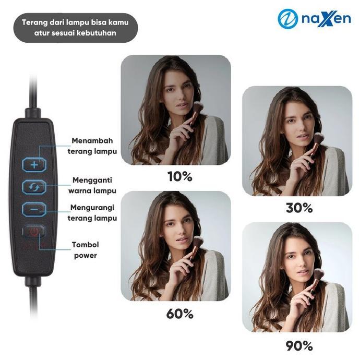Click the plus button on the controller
pyautogui.click(x=34, y=165)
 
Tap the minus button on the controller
pyautogui.click(x=34, y=209)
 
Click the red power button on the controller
pyautogui.click(x=34, y=232)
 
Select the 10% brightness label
pyautogui.click(x=180, y=176)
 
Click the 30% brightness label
pyautogui.click(x=299, y=208)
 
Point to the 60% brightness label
pyautogui.click(x=180, y=314)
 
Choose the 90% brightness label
pyautogui.click(x=299, y=345)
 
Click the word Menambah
pyautogui.click(x=92, y=140)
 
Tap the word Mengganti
pyautogui.click(x=92, y=180)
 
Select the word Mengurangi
pyautogui.click(x=92, y=208)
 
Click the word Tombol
pyautogui.click(x=86, y=245)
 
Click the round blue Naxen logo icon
pyautogui.click(x=287, y=19)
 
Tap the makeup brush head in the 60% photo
pyautogui.click(x=198, y=243)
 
